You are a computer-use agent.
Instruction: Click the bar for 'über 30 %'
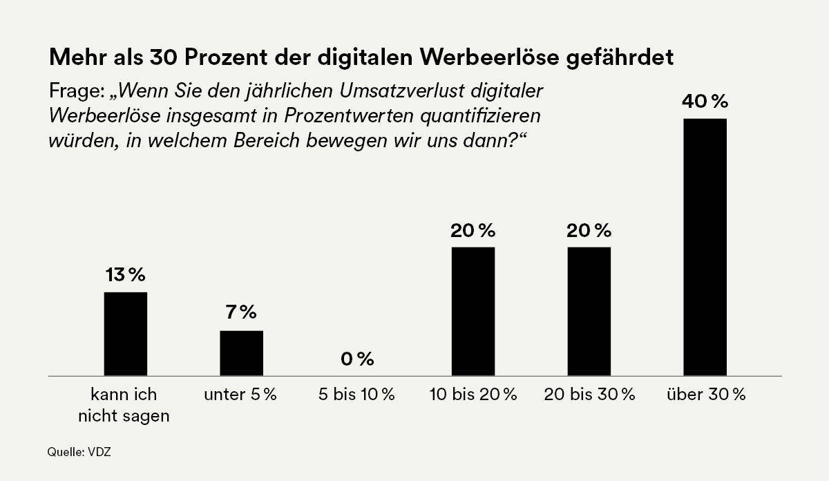pyautogui.click(x=705, y=247)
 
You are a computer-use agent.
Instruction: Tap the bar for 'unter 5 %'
pyautogui.click(x=241, y=353)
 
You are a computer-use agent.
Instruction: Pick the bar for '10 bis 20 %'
pyautogui.click(x=473, y=312)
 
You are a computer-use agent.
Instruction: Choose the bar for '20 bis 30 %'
pyautogui.click(x=589, y=312)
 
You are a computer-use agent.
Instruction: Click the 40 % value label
pyautogui.click(x=705, y=102)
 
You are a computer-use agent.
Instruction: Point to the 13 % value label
pyautogui.click(x=125, y=275)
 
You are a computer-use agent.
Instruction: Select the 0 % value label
pyautogui.click(x=357, y=359)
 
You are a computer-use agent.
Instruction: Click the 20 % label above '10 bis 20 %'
pyautogui.click(x=473, y=230)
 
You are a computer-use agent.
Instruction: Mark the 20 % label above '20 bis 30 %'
pyautogui.click(x=589, y=230)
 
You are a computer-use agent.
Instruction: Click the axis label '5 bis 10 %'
pyautogui.click(x=357, y=395)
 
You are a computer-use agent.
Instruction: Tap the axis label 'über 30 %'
pyautogui.click(x=706, y=395)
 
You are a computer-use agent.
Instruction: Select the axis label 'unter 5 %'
pyautogui.click(x=240, y=395)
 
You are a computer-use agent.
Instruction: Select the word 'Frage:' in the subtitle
pyautogui.click(x=76, y=93)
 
